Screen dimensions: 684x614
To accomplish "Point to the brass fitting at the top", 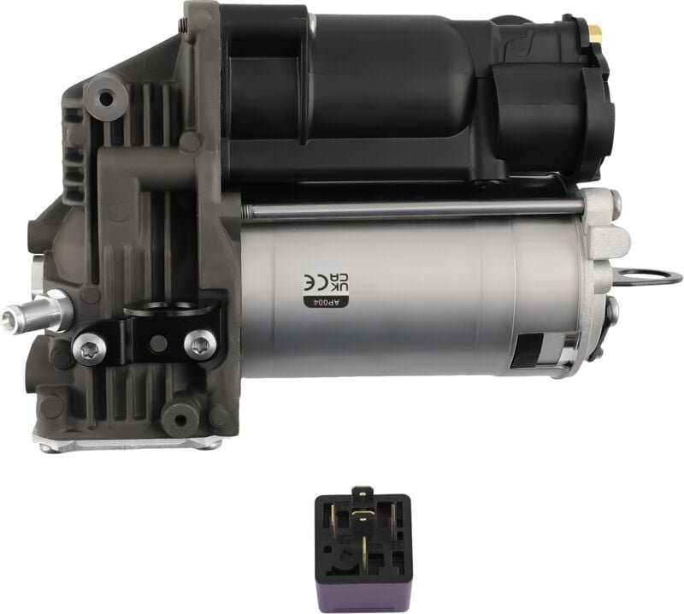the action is [x=595, y=32].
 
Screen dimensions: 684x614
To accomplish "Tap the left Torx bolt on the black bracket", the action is [x=90, y=348].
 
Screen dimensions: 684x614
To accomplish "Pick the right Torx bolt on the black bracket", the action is [x=200, y=344].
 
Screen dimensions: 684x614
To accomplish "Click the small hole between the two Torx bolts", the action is [x=158, y=343].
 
